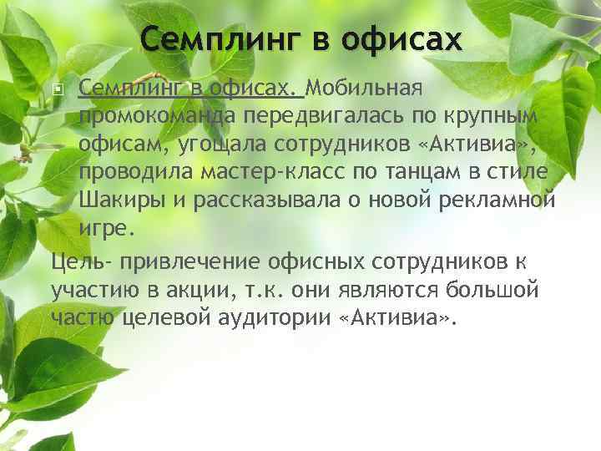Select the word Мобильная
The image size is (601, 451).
pos(369,89)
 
